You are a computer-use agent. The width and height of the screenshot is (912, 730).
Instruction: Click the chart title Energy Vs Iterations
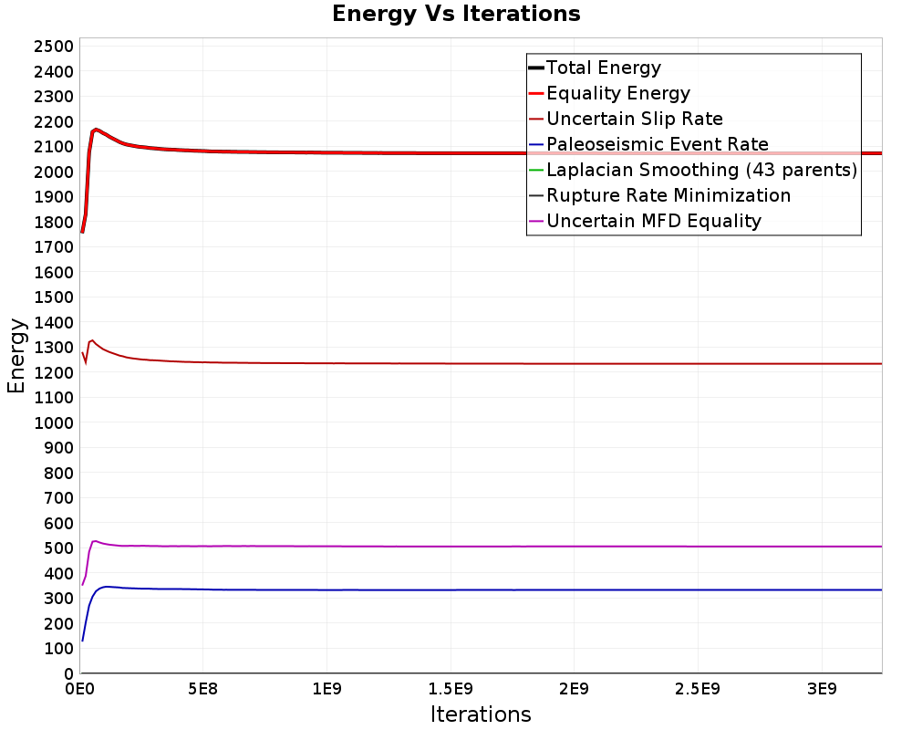pos(456,14)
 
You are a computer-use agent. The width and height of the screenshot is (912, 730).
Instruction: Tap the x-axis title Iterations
pos(481,714)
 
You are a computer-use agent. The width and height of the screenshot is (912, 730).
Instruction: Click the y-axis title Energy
pos(16,356)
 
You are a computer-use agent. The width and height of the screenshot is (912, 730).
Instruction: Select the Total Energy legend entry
pos(595,68)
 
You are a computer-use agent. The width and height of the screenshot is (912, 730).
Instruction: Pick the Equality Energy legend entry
pos(609,93)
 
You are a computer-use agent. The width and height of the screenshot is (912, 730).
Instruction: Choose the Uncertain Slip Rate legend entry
pos(626,119)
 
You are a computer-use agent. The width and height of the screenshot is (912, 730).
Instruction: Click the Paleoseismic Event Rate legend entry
pos(648,144)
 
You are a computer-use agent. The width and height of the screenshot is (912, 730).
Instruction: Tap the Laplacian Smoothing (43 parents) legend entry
pos(693,170)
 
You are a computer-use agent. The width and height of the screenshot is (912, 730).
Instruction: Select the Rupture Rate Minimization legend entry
pos(659,195)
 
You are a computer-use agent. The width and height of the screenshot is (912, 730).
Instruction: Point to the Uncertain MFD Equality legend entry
pos(645,221)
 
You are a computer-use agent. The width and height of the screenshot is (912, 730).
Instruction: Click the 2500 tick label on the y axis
pos(54,47)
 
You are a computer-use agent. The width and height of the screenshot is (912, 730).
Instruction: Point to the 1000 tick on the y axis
pos(54,422)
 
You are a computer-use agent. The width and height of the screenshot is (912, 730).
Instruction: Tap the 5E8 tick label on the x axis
pos(202,689)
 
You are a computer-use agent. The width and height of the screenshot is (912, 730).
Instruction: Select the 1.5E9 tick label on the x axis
pos(451,689)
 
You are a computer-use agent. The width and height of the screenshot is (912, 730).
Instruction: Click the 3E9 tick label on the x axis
pos(822,689)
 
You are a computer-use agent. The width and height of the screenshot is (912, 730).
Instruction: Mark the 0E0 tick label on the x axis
pos(79,689)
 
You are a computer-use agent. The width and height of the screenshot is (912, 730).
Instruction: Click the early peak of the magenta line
pos(95,541)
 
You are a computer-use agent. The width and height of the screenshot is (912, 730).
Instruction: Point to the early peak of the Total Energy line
pos(96,130)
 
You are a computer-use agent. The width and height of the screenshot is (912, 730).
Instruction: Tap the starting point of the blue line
pos(83,641)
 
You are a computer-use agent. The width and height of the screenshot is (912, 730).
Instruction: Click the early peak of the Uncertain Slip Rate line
pos(92,340)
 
